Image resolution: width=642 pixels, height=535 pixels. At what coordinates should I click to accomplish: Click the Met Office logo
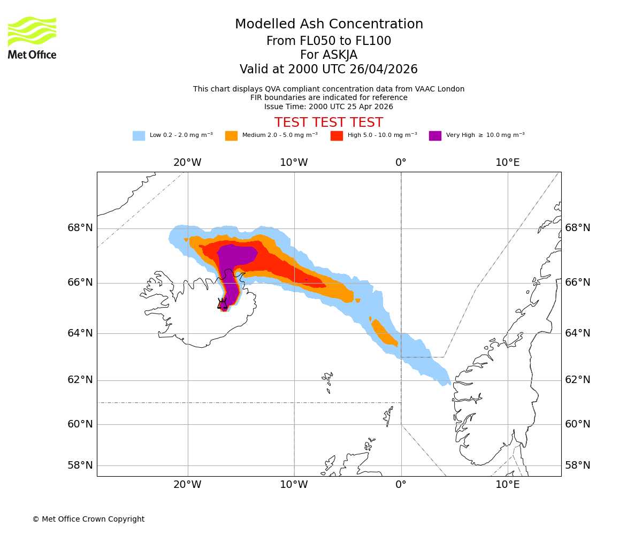(x=32, y=37)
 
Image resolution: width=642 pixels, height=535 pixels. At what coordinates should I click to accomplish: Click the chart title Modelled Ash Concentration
(x=328, y=25)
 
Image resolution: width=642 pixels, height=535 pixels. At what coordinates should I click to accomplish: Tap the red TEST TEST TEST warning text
(x=328, y=123)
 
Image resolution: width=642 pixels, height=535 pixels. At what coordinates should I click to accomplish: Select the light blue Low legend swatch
(x=139, y=136)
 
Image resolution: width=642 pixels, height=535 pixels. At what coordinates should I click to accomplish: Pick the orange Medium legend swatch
(x=231, y=136)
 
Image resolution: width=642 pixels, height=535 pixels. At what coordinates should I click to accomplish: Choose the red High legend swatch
(x=337, y=136)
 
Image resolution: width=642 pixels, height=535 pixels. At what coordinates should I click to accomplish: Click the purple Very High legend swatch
(x=435, y=136)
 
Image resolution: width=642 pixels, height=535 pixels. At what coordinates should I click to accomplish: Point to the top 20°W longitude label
(x=187, y=163)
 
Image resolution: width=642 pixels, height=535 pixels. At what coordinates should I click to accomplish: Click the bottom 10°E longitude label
(x=507, y=485)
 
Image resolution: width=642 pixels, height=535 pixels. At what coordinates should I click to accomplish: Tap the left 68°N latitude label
(x=80, y=228)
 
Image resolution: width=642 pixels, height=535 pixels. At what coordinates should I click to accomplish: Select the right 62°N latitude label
(x=578, y=380)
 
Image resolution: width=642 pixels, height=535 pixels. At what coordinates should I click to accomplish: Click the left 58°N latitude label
(x=80, y=465)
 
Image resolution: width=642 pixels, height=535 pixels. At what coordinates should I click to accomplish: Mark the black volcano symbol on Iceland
(x=222, y=304)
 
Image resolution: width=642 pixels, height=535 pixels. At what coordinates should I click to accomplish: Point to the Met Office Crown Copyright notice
(x=88, y=519)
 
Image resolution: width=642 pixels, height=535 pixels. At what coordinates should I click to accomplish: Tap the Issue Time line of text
(x=328, y=106)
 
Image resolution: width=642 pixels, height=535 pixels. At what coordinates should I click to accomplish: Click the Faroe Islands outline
(x=327, y=380)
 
